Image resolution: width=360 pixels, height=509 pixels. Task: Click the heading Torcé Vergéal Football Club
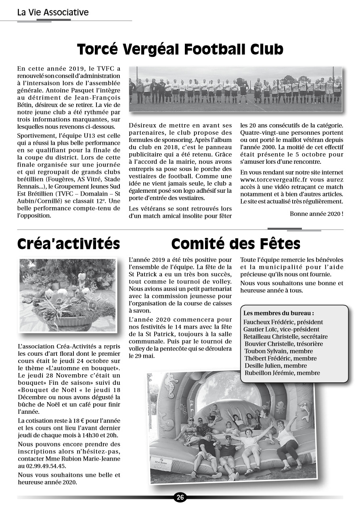[x=180, y=49]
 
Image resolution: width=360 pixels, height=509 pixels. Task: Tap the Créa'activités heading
[x=69, y=244]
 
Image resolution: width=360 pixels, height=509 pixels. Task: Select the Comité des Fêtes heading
[x=236, y=244]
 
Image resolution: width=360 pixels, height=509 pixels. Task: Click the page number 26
[x=180, y=497]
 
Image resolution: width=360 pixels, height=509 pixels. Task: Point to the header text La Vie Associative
[x=53, y=12]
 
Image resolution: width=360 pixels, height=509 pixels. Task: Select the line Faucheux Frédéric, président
[x=283, y=322]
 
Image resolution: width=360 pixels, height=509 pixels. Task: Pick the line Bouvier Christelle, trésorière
[x=284, y=344]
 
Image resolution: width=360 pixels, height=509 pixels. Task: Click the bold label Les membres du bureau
[x=278, y=313]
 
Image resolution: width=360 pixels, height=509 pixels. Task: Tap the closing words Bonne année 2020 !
[x=316, y=213]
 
